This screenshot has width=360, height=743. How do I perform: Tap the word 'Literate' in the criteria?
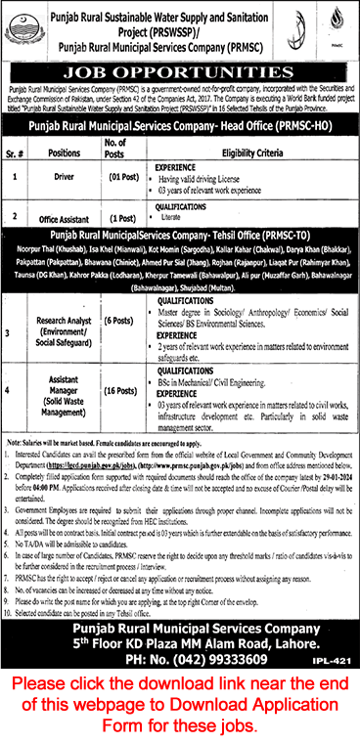196,218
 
